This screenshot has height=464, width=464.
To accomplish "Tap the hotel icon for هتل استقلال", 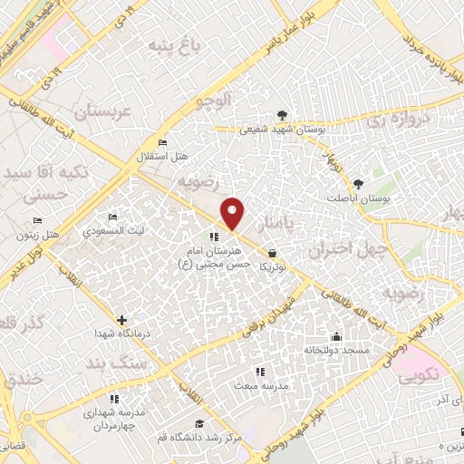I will coord(162,143).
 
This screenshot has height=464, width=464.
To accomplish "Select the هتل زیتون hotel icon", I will coord(37,220).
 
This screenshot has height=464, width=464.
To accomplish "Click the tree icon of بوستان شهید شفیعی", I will coord(284,115).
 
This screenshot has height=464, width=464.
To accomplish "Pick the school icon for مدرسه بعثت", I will coord(260,372).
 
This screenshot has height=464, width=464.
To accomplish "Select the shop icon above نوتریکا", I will coord(273,255).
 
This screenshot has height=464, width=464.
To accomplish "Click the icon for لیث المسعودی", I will coord(112,217).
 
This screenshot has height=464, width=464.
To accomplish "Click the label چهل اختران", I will coord(348,246).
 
